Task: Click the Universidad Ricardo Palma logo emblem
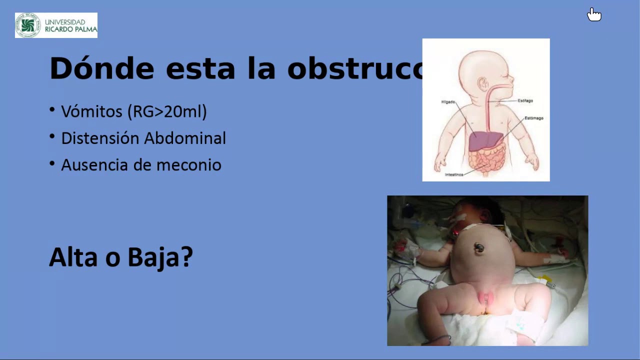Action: tap(28, 25)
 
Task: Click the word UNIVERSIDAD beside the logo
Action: tap(65, 22)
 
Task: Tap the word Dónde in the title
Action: tap(101, 68)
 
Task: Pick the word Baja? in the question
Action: tap(160, 257)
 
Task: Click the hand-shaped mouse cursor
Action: tap(594, 15)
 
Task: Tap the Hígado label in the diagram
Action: tap(448, 102)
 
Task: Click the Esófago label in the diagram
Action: tap(525, 101)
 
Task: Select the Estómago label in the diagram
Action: tap(533, 118)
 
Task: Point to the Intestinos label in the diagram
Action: tap(453, 174)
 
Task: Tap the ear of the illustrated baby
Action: tap(483, 83)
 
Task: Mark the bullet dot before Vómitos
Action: tap(52, 109)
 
